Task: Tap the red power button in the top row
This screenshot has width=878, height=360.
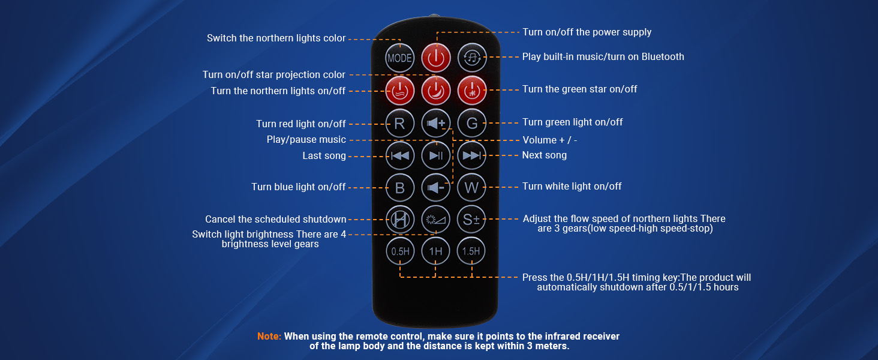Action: pyautogui.click(x=435, y=58)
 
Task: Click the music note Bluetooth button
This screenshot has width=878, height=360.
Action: pyautogui.click(x=471, y=58)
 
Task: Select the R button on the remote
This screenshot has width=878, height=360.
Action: pyautogui.click(x=399, y=124)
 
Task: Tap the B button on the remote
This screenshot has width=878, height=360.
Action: pyautogui.click(x=399, y=187)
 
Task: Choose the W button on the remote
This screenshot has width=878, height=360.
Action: pyautogui.click(x=471, y=187)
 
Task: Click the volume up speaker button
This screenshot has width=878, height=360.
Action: pyautogui.click(x=435, y=124)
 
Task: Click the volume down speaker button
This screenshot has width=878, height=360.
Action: pyautogui.click(x=435, y=187)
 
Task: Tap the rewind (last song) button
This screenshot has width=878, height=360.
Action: pyautogui.click(x=399, y=155)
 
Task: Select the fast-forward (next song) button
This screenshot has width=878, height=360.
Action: pyautogui.click(x=471, y=155)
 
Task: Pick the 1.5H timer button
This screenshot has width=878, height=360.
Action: pyautogui.click(x=471, y=251)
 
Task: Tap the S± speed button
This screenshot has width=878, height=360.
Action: pyautogui.click(x=471, y=220)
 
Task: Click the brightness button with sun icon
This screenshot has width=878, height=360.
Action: pyautogui.click(x=435, y=220)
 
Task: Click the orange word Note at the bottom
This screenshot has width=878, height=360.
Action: pyautogui.click(x=269, y=337)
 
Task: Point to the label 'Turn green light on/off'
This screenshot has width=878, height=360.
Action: pyautogui.click(x=572, y=122)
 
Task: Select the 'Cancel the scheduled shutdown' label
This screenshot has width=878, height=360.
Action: pyautogui.click(x=275, y=219)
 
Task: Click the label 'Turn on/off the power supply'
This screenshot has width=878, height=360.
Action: pyautogui.click(x=587, y=32)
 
